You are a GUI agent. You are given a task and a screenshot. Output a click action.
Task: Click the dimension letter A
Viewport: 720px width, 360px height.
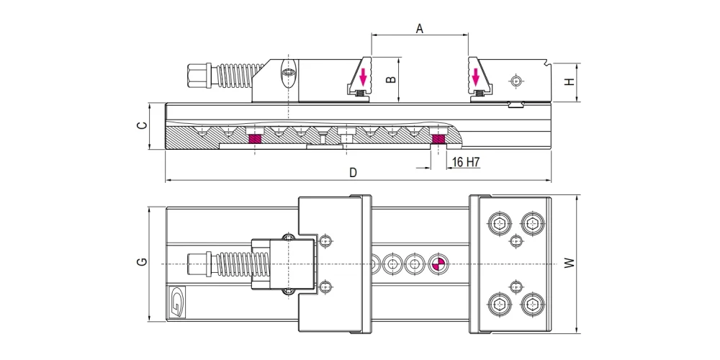(419, 29)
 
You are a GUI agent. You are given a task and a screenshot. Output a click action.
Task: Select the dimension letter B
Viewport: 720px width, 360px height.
(391, 79)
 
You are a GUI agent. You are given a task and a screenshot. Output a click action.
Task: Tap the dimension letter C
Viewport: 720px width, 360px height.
(143, 125)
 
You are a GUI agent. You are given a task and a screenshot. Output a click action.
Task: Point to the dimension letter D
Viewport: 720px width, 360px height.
(353, 173)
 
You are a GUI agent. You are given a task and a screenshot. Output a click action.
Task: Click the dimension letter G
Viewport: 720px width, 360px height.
(143, 262)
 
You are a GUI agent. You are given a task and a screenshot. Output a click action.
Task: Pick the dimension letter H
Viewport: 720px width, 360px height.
(570, 82)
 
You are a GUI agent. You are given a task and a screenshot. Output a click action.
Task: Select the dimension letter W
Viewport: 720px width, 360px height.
(570, 263)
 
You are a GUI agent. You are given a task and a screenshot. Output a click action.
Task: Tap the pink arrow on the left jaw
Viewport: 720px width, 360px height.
(363, 77)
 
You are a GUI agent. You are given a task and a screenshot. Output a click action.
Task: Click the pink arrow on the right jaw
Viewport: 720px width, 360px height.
(476, 77)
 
